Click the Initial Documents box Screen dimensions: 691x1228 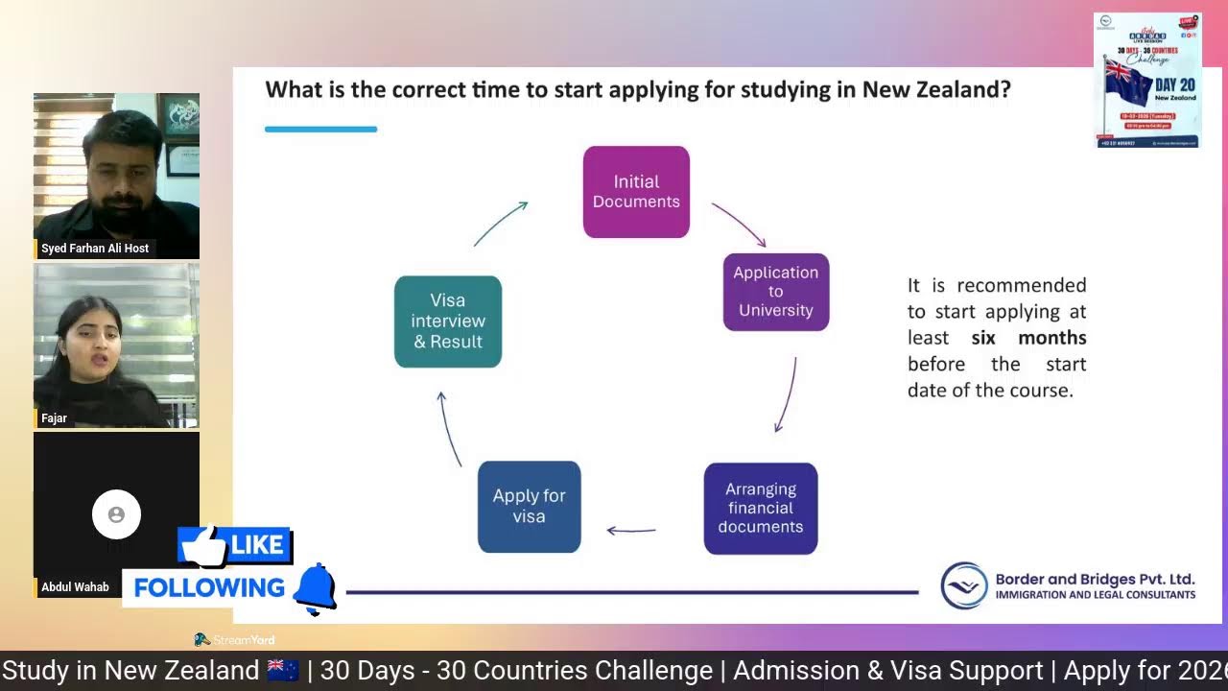pyautogui.click(x=636, y=192)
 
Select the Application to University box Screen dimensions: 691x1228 pyautogui.click(x=775, y=292)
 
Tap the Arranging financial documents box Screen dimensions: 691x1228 pyautogui.click(x=761, y=509)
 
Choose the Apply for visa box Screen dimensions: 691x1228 pyautogui.click(x=529, y=507)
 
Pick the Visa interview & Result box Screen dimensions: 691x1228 pyautogui.click(x=448, y=322)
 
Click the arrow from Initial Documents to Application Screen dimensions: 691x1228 pyautogui.click(x=739, y=225)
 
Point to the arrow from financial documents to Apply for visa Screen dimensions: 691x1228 pyautogui.click(x=631, y=530)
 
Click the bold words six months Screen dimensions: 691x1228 pyautogui.click(x=1028, y=338)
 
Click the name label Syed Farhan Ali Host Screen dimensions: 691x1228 pyautogui.click(x=95, y=249)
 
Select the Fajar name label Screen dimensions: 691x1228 pyautogui.click(x=55, y=418)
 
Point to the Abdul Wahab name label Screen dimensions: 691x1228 pyautogui.click(x=75, y=587)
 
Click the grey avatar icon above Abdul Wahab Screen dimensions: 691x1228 pyautogui.click(x=116, y=514)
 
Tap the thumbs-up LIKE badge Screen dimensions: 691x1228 pyautogui.click(x=234, y=545)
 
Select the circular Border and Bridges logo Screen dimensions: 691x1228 pyautogui.click(x=964, y=585)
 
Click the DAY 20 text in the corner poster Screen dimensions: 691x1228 pyautogui.click(x=1174, y=84)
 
